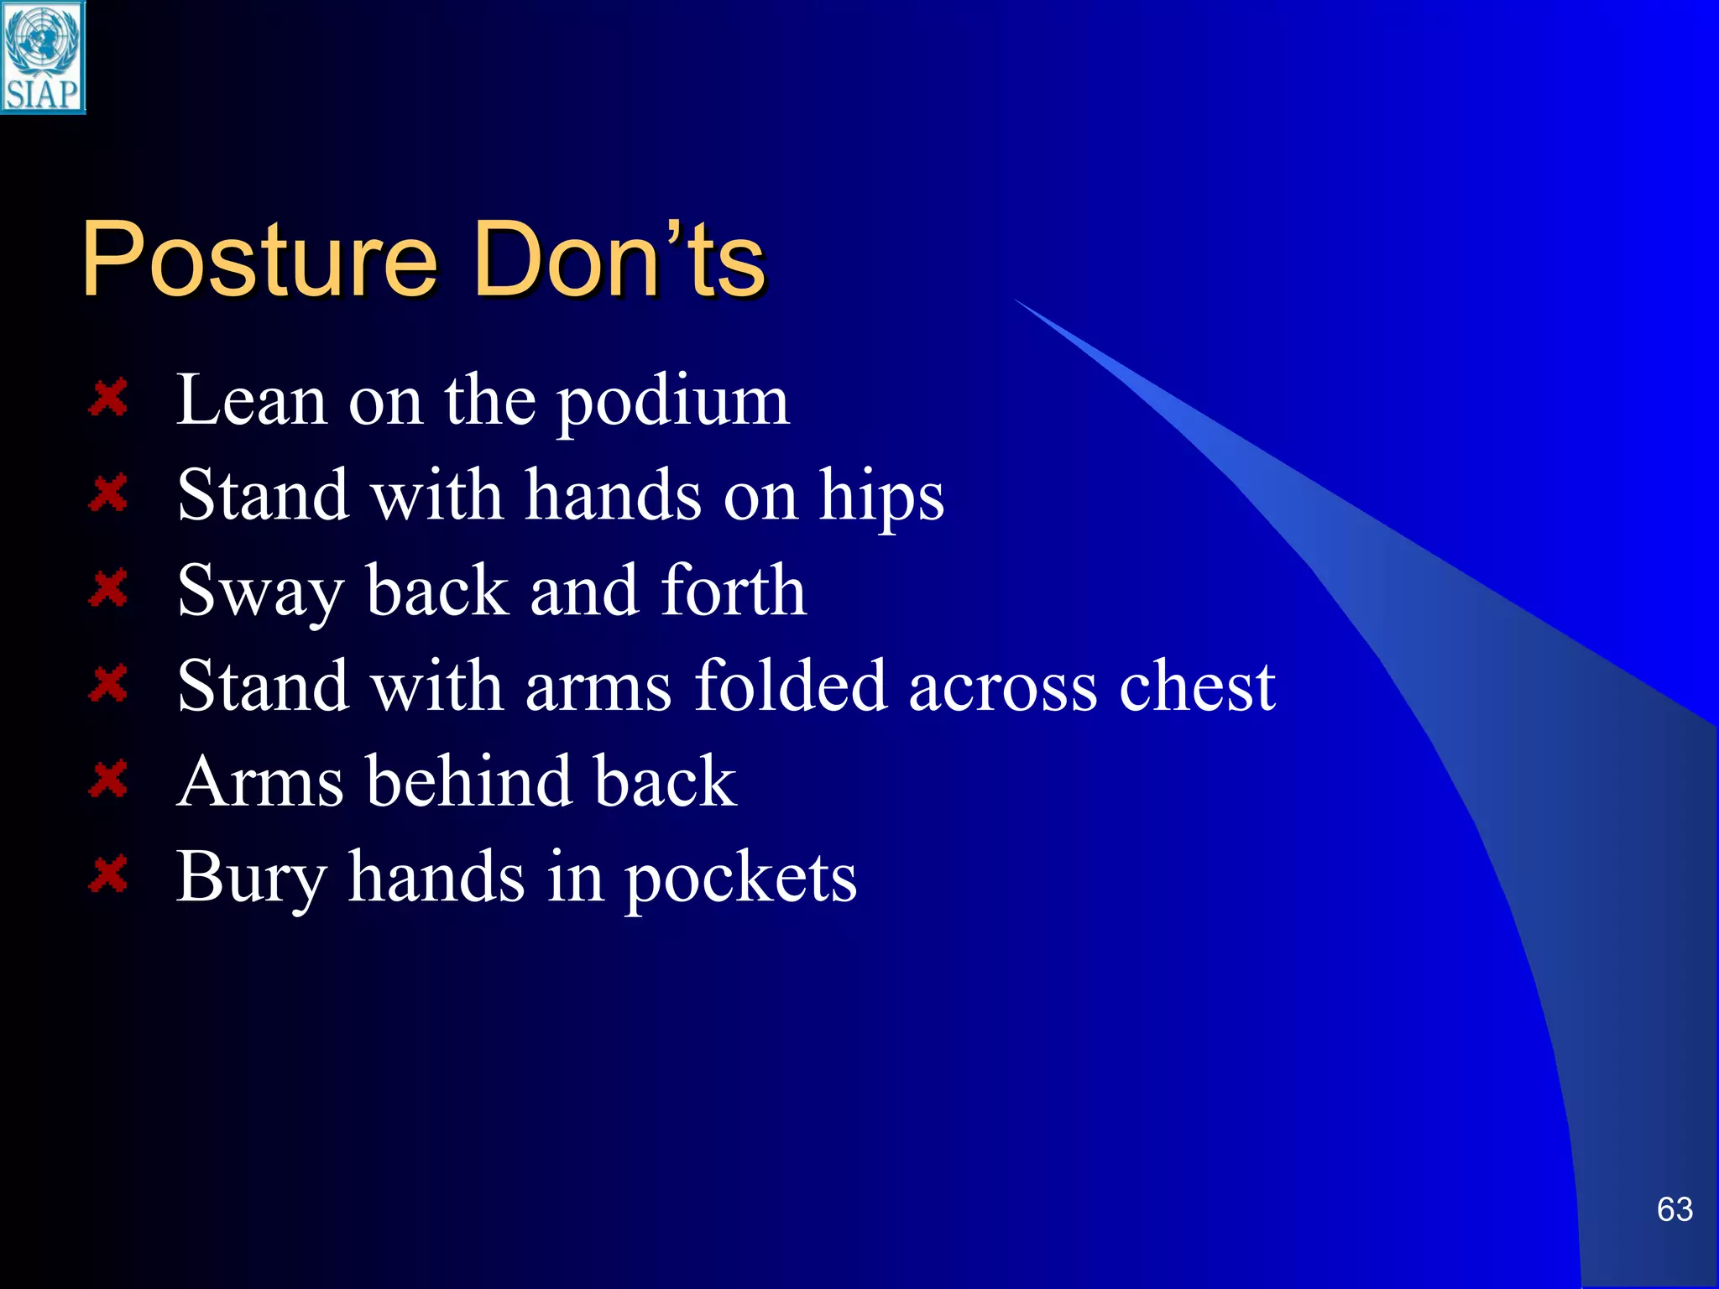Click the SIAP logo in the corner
click(43, 57)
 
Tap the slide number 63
click(1675, 1209)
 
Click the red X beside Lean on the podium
click(108, 398)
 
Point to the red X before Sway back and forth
click(108, 588)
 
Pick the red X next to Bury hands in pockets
click(108, 874)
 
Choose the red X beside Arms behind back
click(108, 780)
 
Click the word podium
click(673, 403)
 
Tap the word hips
click(881, 497)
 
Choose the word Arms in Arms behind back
click(260, 782)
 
